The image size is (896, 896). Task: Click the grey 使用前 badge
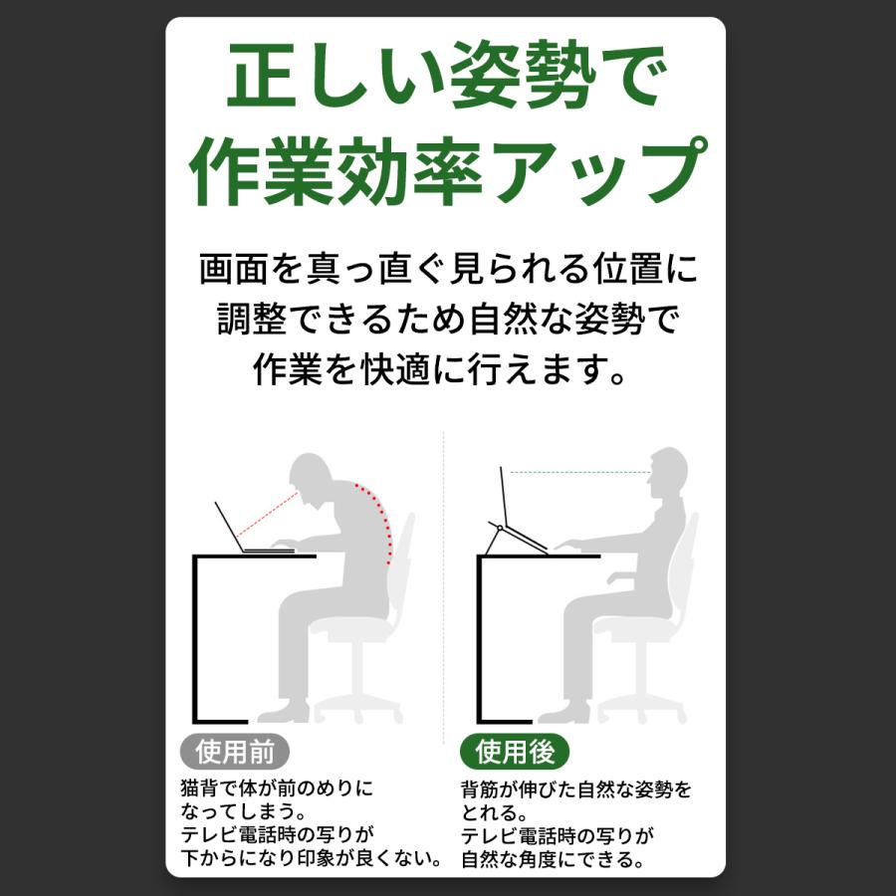227,751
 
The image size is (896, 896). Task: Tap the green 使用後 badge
514,751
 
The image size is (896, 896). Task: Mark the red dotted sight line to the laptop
269,516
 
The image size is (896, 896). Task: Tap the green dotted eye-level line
577,472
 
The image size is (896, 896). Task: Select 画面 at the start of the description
228,270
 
